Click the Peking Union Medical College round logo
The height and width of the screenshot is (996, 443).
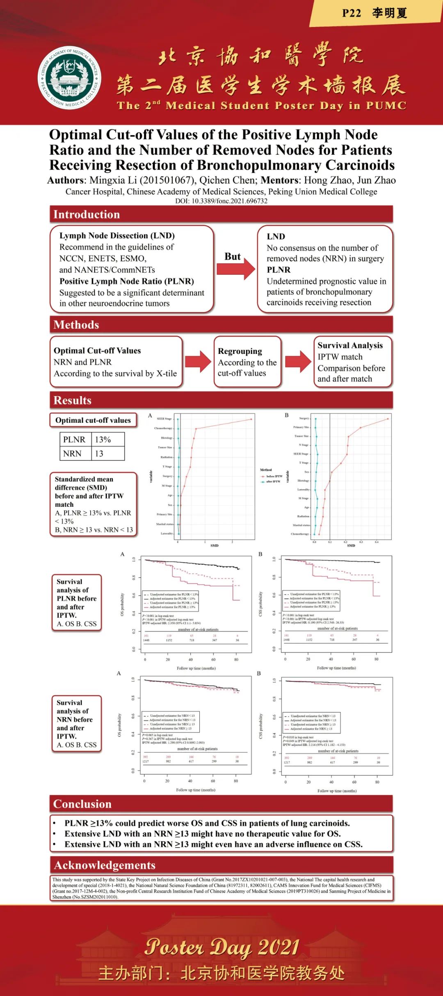click(x=69, y=78)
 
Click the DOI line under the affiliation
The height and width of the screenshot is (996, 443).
click(x=221, y=201)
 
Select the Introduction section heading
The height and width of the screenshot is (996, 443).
click(x=87, y=214)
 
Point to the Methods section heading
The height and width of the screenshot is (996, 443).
click(x=76, y=325)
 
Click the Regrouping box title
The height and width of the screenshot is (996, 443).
click(x=240, y=351)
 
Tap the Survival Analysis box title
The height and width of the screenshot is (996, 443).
click(x=350, y=345)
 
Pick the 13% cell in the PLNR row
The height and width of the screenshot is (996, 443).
click(x=103, y=440)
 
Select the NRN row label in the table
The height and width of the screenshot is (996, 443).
click(x=72, y=454)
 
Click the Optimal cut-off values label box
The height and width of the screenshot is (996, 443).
click(x=93, y=420)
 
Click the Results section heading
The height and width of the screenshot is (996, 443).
click(x=73, y=400)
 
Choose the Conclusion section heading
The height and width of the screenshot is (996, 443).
click(x=82, y=804)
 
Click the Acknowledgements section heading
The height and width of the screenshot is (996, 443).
click(x=105, y=865)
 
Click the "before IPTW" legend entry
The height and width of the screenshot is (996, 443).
click(x=274, y=476)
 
